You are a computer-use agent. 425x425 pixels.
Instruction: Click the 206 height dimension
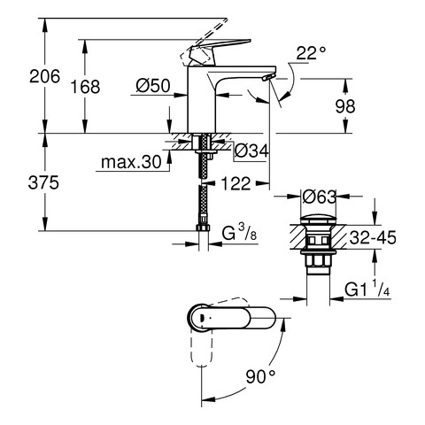[x=44, y=76]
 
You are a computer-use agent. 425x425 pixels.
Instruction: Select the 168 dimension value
[x=85, y=87]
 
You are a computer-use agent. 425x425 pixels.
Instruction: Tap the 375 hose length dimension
[x=43, y=182]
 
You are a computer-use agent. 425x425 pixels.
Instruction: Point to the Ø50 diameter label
[x=153, y=86]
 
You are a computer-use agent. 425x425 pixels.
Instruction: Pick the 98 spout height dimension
[x=345, y=106]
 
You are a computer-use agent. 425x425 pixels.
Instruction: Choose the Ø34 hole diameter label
[x=251, y=151]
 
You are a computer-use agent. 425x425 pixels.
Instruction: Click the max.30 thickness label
[x=131, y=162]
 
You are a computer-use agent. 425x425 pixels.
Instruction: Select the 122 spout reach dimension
[x=236, y=183]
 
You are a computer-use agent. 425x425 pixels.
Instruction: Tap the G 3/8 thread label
[x=239, y=233]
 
